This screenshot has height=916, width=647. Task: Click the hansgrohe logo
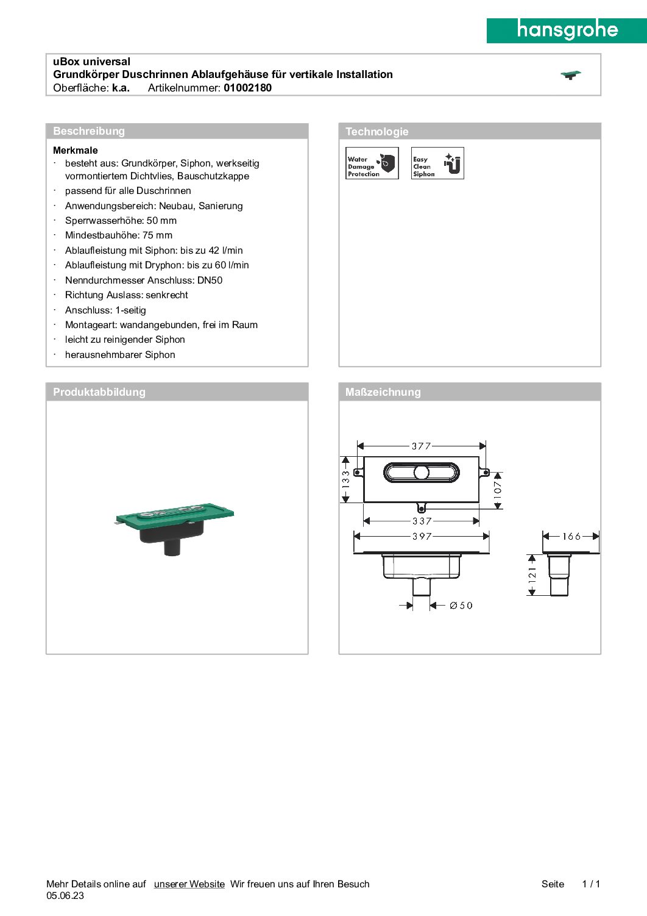coord(567,30)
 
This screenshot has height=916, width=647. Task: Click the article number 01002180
coord(247,88)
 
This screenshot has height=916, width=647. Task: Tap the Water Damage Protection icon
coord(372,163)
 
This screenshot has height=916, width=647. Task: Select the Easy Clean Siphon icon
coord(437,163)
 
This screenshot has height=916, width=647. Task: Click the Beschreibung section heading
coord(89,131)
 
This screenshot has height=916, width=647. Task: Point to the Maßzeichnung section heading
coord(383,392)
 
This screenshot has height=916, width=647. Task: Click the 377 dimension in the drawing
coord(421,446)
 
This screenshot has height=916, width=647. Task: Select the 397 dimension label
coord(422,536)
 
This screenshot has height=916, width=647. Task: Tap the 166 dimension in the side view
coord(571,536)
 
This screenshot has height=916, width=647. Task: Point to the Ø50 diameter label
coord(461,606)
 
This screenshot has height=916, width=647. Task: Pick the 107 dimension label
coord(498,490)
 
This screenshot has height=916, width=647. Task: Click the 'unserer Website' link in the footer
coord(189,884)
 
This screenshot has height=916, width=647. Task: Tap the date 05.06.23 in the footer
coord(65,896)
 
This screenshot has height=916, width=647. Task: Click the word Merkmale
coord(76,150)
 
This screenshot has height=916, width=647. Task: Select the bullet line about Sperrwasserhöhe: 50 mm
coord(121,221)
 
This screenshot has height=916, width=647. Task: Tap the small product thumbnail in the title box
coord(571,75)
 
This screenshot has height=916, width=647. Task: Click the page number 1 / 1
coord(591,884)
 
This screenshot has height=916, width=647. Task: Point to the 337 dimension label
coord(422,521)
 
